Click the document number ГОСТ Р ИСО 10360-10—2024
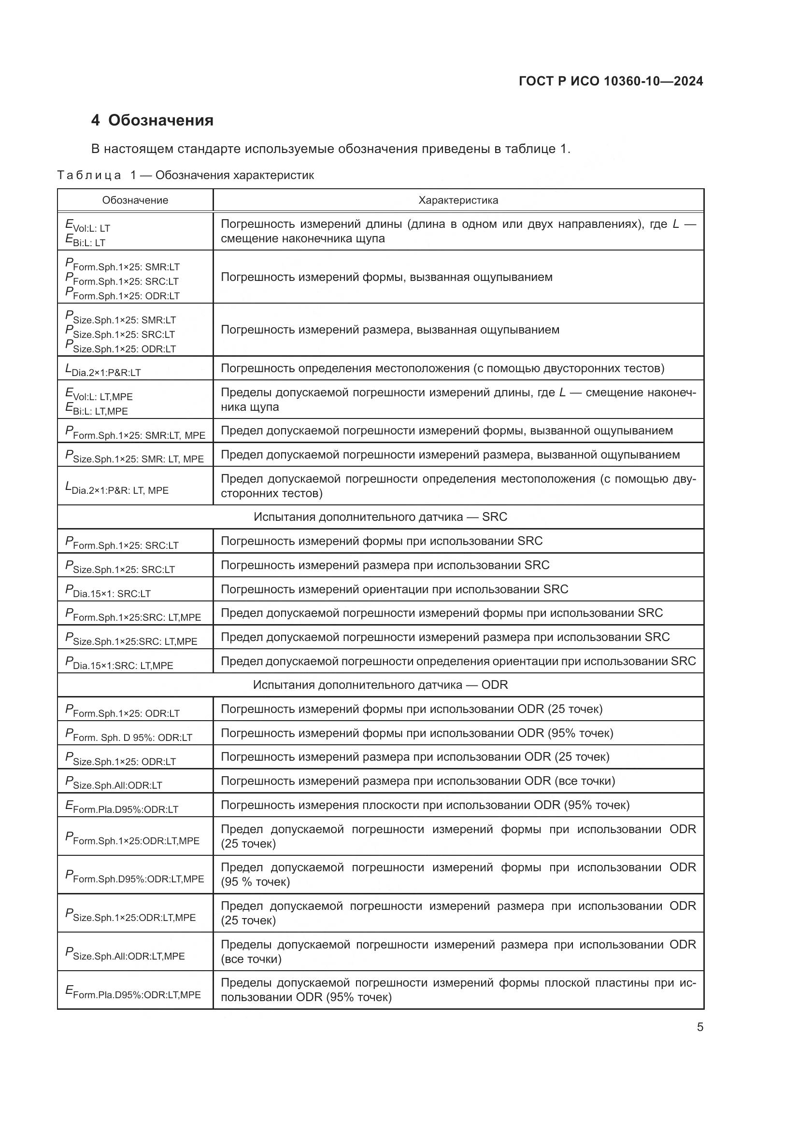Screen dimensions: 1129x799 pos(611,82)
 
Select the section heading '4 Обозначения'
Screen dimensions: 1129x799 pos(152,121)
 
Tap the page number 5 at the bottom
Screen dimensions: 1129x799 pos(699,1027)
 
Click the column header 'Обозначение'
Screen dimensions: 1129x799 pos(135,201)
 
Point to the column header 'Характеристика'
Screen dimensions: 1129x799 pos(458,201)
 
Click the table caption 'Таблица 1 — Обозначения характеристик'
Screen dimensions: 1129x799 pos(185,176)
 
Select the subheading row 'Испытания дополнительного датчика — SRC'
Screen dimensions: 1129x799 pos(380,517)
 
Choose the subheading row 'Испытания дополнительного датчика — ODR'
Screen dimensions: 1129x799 pos(380,685)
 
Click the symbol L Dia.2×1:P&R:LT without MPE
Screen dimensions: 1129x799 pos(103,369)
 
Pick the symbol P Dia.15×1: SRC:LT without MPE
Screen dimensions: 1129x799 pos(108,590)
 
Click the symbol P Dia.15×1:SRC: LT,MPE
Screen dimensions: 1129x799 pos(119,663)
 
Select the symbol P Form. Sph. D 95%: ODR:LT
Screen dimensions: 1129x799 pos(128,735)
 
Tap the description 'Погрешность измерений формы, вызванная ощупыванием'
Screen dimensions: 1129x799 pos(386,278)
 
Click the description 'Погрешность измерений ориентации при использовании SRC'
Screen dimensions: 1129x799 pos(394,589)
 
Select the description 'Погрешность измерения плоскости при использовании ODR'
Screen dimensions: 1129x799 pos(425,806)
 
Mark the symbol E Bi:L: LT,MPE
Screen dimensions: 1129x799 pos(97,409)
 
